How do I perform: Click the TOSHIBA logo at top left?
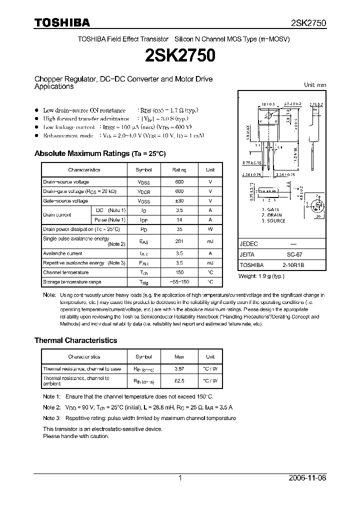pos(62,22)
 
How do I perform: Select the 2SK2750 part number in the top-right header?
pos(308,23)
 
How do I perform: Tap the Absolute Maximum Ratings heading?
pos(99,153)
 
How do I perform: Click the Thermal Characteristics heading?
pos(75,340)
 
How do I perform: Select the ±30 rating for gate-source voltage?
pos(178,201)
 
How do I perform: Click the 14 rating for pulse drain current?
pos(178,220)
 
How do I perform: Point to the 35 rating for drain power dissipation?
pos(178,229)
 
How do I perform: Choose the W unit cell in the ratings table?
pos(210,229)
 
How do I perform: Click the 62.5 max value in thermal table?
pos(178,380)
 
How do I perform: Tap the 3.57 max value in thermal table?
pos(178,369)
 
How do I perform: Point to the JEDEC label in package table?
pos(249,243)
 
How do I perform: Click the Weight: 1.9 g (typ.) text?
pos(261,276)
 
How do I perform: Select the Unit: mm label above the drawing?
pos(315,85)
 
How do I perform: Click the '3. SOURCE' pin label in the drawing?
pos(273,220)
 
